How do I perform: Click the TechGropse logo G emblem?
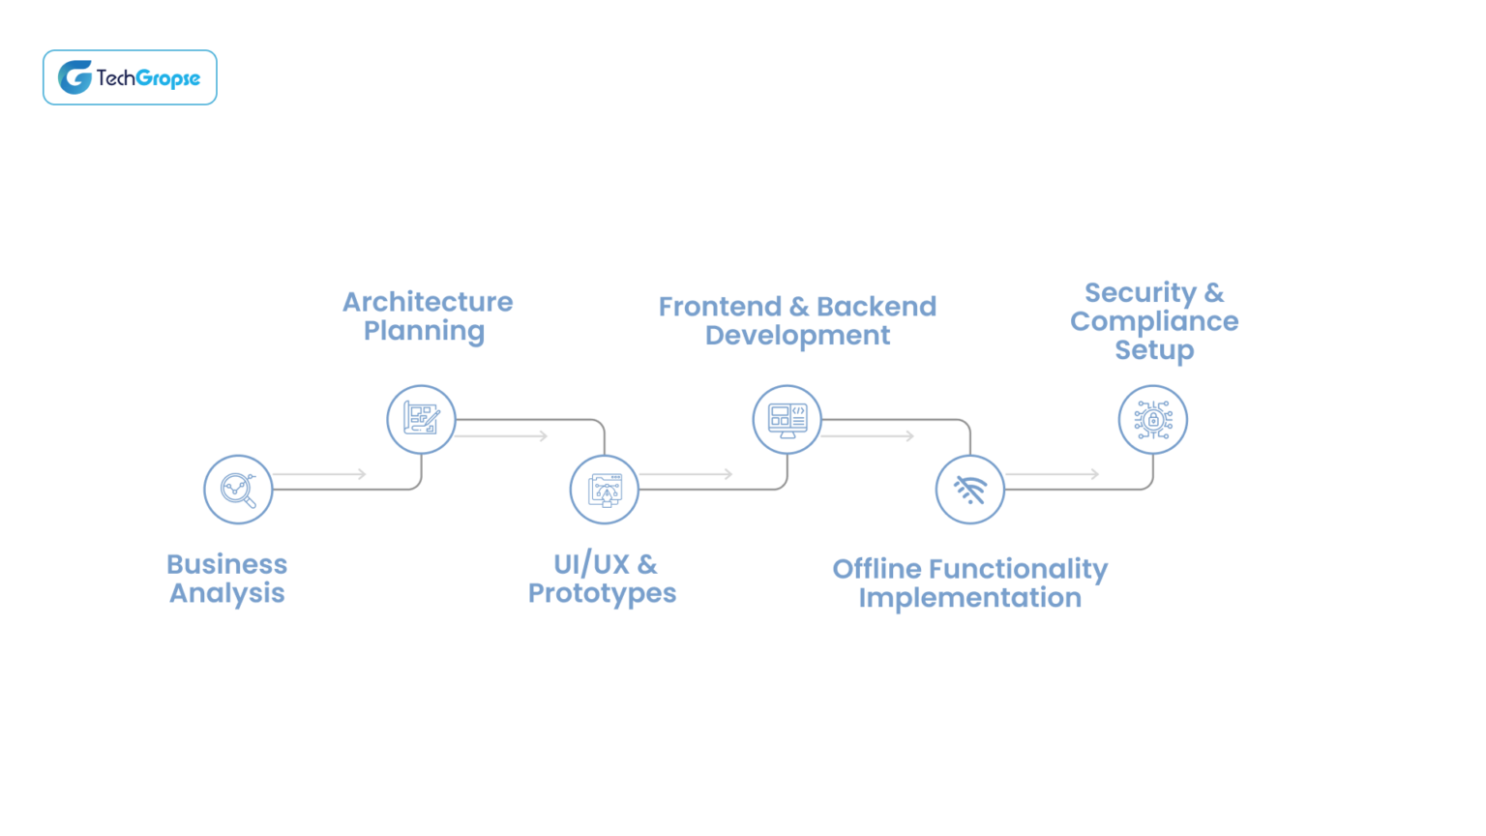point(74,77)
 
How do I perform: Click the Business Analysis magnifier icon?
point(238,490)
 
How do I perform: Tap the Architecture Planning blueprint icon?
point(421,419)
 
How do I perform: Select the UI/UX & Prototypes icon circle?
point(605,490)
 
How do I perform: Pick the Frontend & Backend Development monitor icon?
point(787,419)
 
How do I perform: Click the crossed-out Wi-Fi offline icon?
point(969,490)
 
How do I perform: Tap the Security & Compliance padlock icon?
point(1152,419)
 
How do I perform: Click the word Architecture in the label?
point(428,302)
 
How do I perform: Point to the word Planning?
point(424,331)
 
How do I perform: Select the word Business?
point(226,564)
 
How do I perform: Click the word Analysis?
point(226,593)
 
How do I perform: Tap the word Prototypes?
point(602,593)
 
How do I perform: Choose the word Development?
point(797,336)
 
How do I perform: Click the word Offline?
point(877,569)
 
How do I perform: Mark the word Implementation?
point(969,598)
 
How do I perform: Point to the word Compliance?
point(1153,321)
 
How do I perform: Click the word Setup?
point(1153,350)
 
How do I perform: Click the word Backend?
point(877,307)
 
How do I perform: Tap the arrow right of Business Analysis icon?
point(319,474)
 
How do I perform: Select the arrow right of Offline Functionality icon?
point(1053,474)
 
